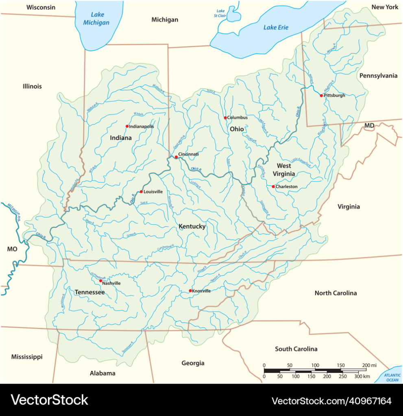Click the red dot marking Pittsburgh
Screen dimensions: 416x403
(x=321, y=95)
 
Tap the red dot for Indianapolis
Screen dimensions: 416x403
(x=127, y=126)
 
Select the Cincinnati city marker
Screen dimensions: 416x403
(x=176, y=157)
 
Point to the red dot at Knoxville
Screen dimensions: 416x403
(x=190, y=291)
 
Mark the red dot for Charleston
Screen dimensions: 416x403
(x=273, y=187)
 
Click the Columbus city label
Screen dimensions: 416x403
(x=237, y=117)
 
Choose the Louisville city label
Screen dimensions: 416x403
(x=153, y=191)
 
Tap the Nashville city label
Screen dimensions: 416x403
(x=111, y=283)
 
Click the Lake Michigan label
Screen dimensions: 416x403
(x=96, y=19)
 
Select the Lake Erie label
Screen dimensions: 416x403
(x=276, y=27)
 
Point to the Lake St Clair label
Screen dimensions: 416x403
(x=221, y=13)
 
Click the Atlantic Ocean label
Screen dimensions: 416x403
(x=392, y=377)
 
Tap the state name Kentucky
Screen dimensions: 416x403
(x=192, y=226)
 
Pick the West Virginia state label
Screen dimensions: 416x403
(x=284, y=169)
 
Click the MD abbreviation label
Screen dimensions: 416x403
(x=369, y=126)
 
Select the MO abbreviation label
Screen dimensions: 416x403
(x=12, y=249)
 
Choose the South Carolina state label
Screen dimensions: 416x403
(x=296, y=349)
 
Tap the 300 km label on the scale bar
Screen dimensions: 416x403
(x=362, y=377)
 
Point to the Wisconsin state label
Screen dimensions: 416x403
(x=41, y=7)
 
